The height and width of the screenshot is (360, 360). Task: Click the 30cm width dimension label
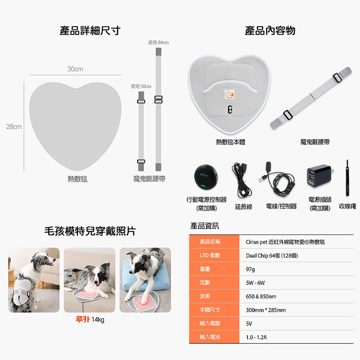[x=75, y=69]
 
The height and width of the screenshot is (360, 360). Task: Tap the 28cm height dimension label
[x=14, y=126]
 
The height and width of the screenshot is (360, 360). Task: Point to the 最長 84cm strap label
[x=158, y=42]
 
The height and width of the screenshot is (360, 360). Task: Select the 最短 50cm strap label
[x=141, y=86]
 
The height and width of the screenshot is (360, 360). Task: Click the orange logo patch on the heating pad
[x=229, y=94]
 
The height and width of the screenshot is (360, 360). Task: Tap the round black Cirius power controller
[x=206, y=177]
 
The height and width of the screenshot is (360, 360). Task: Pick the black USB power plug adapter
[x=320, y=175]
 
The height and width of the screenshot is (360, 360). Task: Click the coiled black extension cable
[x=241, y=180]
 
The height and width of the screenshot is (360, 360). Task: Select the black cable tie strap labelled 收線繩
[x=347, y=178]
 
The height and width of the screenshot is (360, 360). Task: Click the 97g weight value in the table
[x=250, y=269]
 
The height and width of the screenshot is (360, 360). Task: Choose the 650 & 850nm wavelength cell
[x=261, y=297]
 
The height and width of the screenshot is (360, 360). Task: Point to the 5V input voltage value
[x=249, y=324]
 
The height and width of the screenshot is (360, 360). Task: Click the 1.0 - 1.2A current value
[x=256, y=337]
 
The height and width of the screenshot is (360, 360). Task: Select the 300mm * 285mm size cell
[x=266, y=310]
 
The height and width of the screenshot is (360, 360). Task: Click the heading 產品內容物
[x=270, y=31]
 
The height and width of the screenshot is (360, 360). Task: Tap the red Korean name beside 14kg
[x=83, y=319]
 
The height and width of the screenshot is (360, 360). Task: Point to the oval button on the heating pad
[x=229, y=109]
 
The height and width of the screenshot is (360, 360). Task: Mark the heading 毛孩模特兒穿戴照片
[x=90, y=231]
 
